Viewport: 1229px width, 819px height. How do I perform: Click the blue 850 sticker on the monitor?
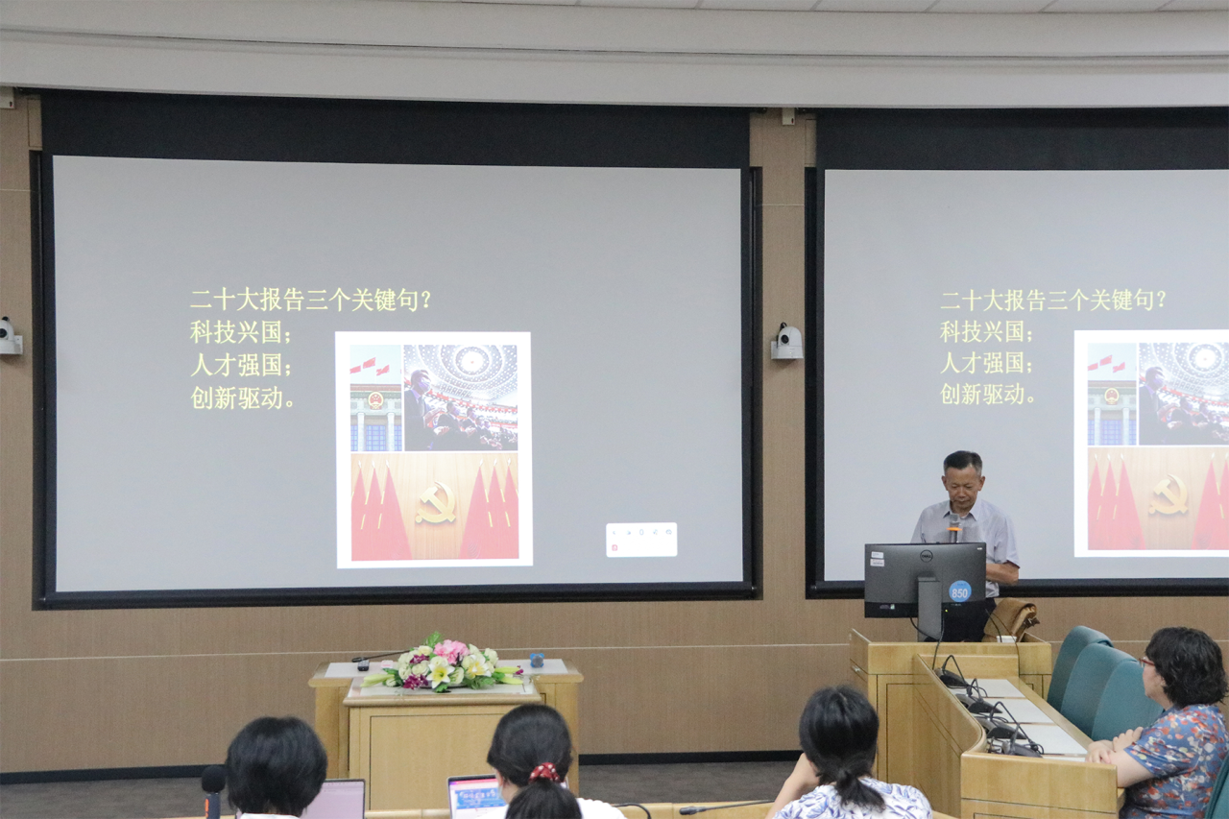959,591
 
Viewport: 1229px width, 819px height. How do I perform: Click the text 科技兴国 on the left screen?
236,332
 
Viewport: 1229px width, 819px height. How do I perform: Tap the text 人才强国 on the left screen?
236,365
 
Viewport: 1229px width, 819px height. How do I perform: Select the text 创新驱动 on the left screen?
236,397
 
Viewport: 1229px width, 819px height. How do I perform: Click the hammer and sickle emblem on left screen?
436,502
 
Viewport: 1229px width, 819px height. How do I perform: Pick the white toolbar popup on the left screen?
641,540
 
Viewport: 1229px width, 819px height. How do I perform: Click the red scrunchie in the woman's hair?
544,773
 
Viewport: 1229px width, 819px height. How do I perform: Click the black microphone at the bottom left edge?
213,790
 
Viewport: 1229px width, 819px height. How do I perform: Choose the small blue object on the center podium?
537,661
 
